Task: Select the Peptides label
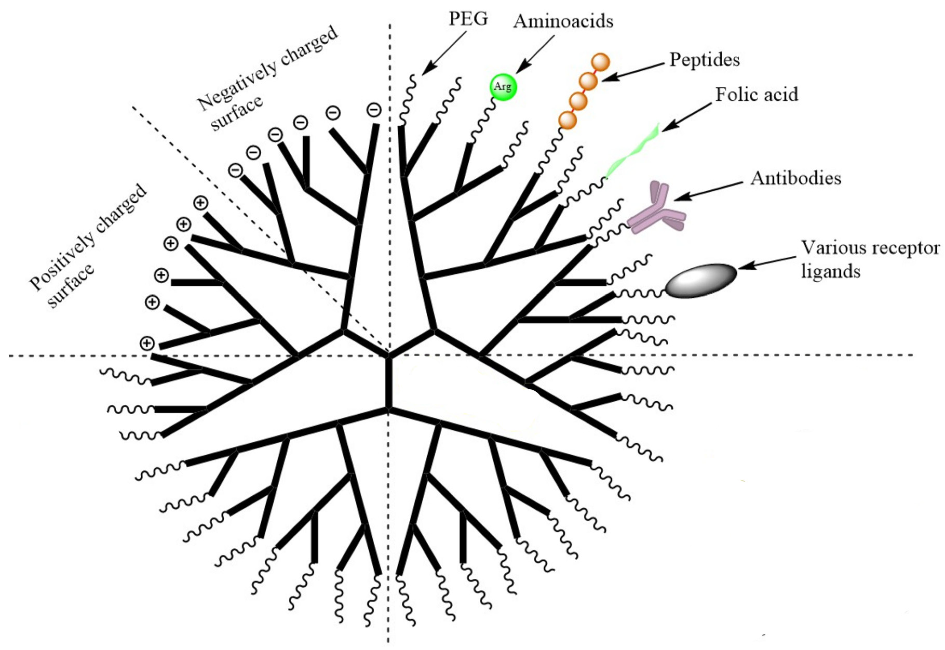[705, 59]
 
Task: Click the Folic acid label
[757, 95]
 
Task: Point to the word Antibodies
[796, 178]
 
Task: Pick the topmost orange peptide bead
[600, 62]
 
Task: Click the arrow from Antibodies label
[708, 191]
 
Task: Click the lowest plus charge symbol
[147, 343]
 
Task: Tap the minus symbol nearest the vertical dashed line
[374, 110]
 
